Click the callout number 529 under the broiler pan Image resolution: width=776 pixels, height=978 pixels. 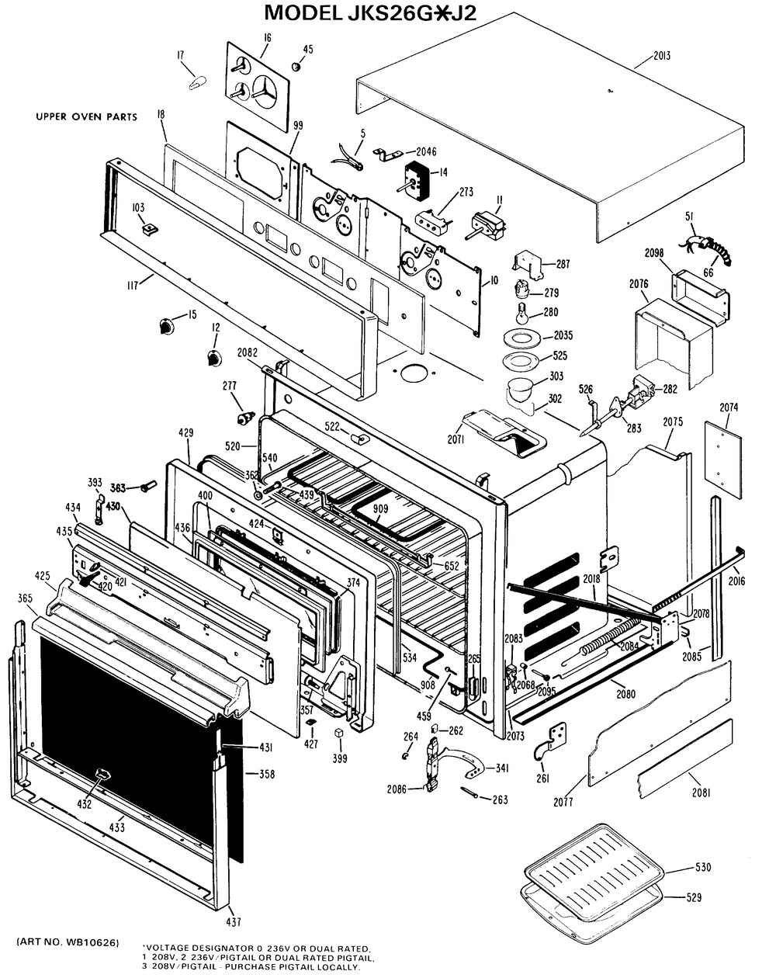693,897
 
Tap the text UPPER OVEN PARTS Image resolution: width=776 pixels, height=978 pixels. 86,117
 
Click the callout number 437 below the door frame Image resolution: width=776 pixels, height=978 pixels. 234,922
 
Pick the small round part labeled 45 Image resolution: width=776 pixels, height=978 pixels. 296,68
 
